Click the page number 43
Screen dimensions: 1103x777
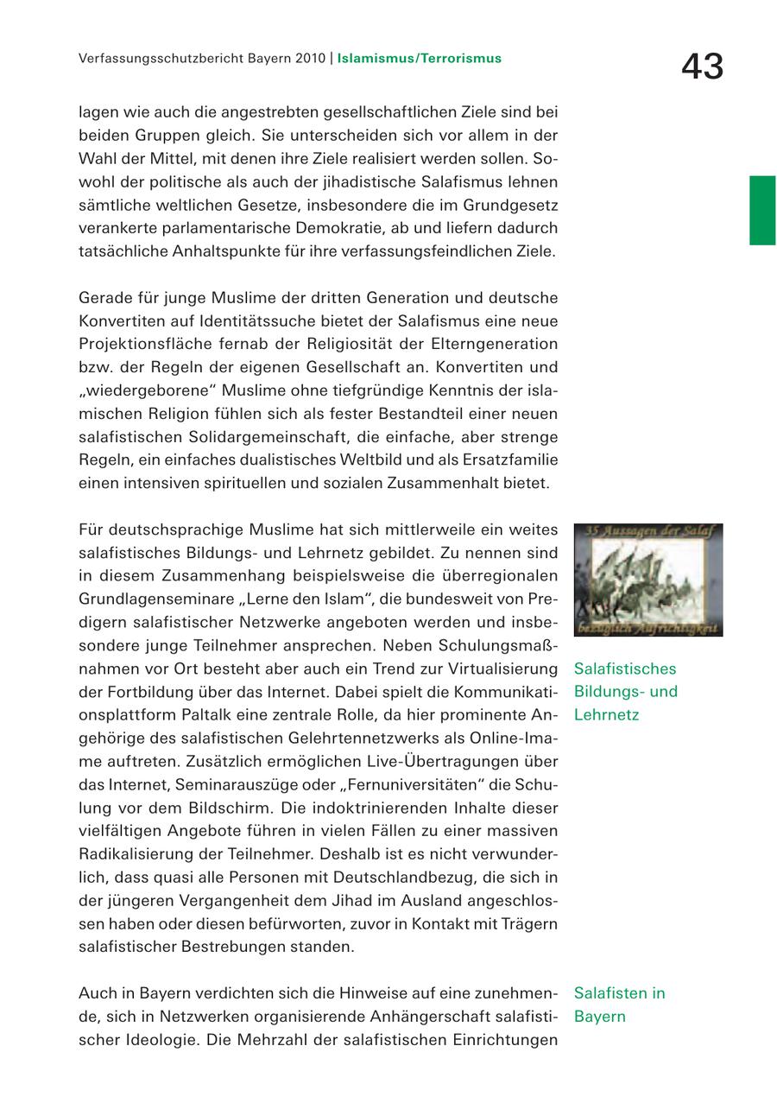[702, 67]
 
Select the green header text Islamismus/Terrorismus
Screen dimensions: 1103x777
[419, 60]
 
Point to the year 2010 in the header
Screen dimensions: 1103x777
[308, 60]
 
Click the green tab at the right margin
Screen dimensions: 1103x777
[762, 210]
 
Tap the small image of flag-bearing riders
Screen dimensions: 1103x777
[647, 580]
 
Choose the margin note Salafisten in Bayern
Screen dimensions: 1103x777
[619, 1005]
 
